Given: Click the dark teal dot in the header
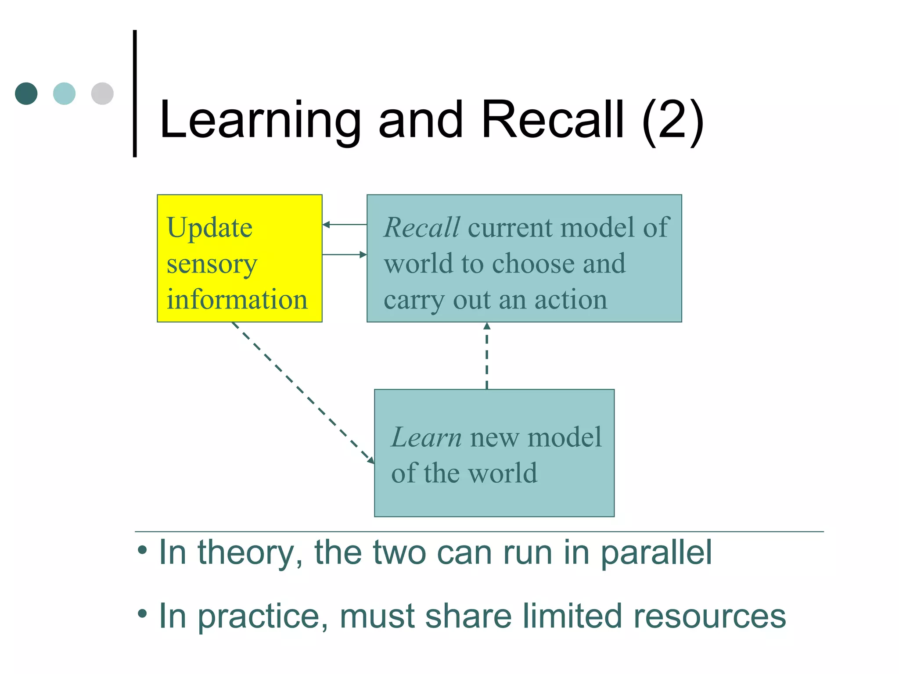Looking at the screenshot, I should click(x=26, y=93).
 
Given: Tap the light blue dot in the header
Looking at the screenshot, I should click(x=64, y=93).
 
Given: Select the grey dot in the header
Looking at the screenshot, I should click(x=102, y=93).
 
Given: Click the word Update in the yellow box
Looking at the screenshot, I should click(x=209, y=228).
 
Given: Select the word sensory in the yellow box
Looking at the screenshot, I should click(x=212, y=264).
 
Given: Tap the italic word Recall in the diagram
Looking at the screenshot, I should click(x=422, y=228).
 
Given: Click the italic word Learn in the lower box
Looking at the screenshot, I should click(x=426, y=437).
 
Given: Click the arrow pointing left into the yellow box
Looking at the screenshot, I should click(x=344, y=225).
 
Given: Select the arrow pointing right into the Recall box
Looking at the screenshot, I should click(x=344, y=255).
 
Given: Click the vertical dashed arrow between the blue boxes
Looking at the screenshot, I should click(x=487, y=355).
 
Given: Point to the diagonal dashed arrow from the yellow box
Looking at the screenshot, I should click(x=303, y=393).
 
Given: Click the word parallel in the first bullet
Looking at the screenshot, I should click(x=656, y=553).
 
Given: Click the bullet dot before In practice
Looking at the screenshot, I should click(x=142, y=613).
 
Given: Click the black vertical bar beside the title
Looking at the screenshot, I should click(x=135, y=93).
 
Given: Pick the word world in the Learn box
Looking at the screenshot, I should click(x=503, y=473).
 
